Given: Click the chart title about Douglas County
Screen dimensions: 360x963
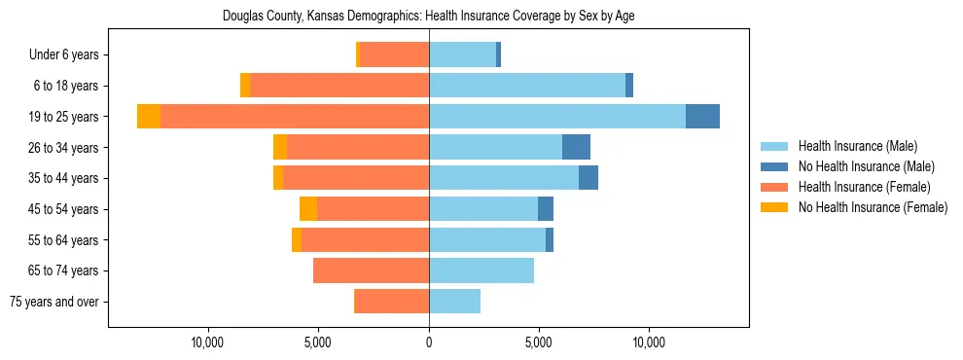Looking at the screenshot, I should pos(429,17).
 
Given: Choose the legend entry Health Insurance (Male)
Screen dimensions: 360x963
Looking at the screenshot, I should pos(857,146).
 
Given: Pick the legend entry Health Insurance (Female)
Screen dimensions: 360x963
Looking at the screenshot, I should pos(865,187).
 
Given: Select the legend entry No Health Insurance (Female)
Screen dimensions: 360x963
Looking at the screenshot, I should pos(873,207).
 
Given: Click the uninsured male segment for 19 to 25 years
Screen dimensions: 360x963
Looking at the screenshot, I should pos(702,117).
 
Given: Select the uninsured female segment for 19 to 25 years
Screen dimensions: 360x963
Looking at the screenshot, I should pos(149,117).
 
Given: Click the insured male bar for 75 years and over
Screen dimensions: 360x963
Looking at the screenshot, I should pos(454,302).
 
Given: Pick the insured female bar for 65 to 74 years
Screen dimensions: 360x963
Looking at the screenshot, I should pos(372,270).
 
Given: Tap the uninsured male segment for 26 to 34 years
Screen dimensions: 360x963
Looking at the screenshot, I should pos(576,147).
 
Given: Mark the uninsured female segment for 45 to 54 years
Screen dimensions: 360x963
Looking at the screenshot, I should pos(308,209).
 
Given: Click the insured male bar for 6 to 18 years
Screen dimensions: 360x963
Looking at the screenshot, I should pos(527,86).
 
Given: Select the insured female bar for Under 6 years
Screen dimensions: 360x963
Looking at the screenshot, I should pos(394,54).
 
